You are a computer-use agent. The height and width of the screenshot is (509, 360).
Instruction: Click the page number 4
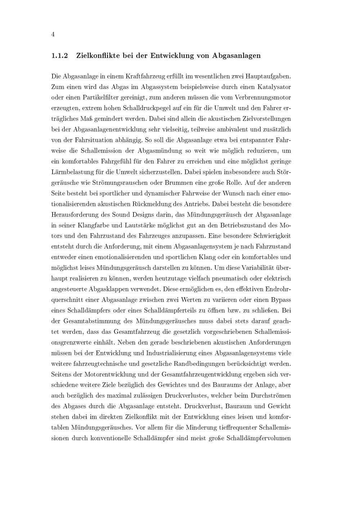click(53, 35)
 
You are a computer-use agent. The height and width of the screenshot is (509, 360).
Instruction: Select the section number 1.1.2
click(59, 56)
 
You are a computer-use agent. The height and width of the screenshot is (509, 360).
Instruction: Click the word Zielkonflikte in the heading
click(97, 56)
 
